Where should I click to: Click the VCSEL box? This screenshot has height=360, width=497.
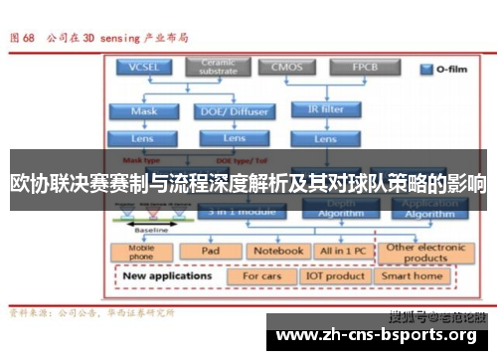143,68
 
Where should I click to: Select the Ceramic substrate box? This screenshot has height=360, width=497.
217,67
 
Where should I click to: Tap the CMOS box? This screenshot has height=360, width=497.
282,68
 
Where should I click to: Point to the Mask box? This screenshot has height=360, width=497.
143,111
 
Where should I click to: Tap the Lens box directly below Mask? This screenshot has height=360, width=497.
143,139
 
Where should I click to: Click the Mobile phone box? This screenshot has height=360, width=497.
140,253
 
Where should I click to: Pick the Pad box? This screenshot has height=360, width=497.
210,252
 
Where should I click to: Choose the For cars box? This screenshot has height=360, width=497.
262,275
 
